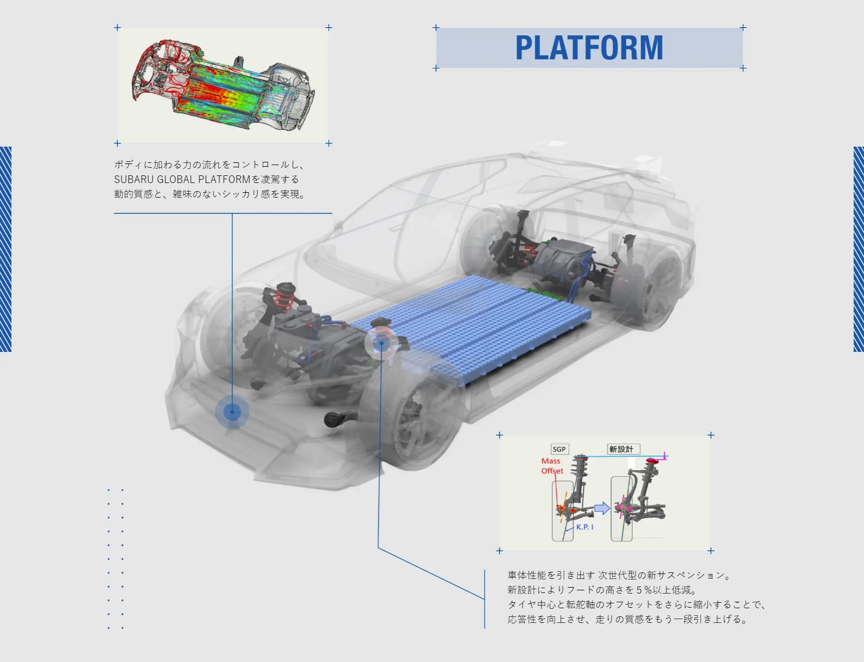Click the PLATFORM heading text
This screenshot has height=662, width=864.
point(589,48)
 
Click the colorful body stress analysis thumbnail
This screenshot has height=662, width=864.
point(223,85)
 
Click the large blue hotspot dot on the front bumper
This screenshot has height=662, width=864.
point(232,412)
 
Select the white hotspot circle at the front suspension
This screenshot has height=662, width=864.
point(381,343)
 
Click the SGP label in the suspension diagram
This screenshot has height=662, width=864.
point(559,449)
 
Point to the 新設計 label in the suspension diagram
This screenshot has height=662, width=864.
point(621,449)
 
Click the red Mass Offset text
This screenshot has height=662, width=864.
point(552,466)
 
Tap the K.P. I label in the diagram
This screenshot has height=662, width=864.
point(585,527)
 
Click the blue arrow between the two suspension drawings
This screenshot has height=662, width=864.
point(602,508)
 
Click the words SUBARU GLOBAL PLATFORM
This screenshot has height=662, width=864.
point(182,179)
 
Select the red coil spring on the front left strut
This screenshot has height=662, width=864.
point(284,298)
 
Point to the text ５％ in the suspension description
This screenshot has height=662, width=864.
point(643,590)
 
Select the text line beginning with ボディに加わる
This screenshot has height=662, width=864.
point(209,165)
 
